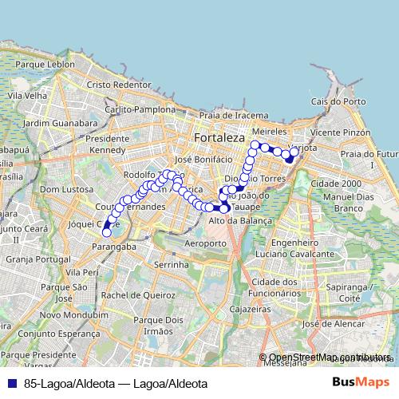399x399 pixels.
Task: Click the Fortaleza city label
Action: pos(219,138)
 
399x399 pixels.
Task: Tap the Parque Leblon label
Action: pos(49,64)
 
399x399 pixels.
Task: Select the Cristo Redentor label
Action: pos(119,84)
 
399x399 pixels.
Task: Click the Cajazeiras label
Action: pos(247,307)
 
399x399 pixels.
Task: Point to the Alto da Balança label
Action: pos(240,220)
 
